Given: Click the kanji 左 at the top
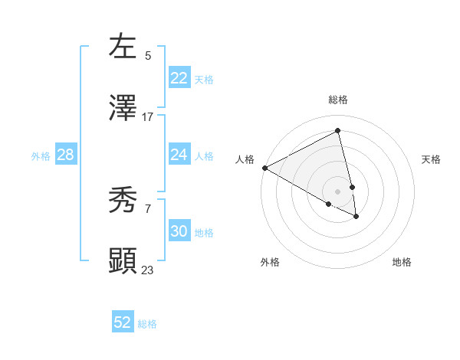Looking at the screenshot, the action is click(x=123, y=46).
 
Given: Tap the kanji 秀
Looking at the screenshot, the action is click(x=123, y=201).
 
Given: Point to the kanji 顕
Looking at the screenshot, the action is click(x=123, y=260).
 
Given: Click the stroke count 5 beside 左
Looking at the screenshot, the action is click(x=148, y=55).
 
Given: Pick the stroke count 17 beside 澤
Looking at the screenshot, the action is click(x=148, y=117).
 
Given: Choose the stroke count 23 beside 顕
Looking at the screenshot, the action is click(x=148, y=270).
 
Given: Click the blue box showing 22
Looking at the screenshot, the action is click(x=179, y=78).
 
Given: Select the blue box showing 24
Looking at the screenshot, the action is click(x=179, y=155).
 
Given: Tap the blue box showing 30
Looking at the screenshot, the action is click(x=179, y=231).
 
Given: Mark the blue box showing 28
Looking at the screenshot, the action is click(x=65, y=155).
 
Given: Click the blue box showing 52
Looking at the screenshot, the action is click(x=122, y=322).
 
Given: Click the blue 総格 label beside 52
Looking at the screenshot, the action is click(x=147, y=324).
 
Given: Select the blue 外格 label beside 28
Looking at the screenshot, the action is click(x=41, y=156).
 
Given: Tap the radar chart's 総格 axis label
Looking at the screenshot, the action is click(x=338, y=100).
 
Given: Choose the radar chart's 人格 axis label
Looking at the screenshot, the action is click(x=245, y=159).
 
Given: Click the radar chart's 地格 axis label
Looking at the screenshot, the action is click(x=402, y=262).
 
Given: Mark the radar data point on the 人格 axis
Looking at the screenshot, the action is click(x=264, y=168).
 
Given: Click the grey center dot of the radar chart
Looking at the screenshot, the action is click(x=338, y=191).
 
